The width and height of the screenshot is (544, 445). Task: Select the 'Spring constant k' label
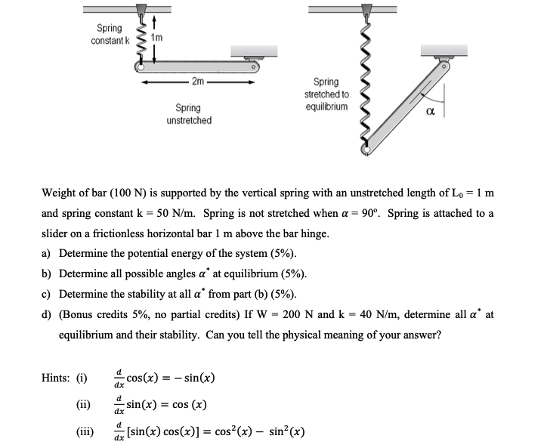110,33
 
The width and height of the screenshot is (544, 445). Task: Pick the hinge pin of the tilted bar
446,67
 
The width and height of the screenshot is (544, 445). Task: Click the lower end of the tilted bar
368,149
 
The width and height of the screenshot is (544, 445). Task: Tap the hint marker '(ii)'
82,403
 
